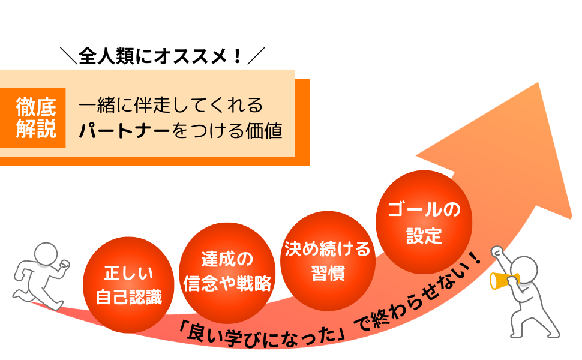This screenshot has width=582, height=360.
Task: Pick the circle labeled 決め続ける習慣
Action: pyautogui.click(x=327, y=259)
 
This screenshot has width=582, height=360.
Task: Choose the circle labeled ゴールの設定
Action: pyautogui.click(x=424, y=222)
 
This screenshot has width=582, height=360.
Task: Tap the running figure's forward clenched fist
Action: pyautogui.click(x=65, y=266)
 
